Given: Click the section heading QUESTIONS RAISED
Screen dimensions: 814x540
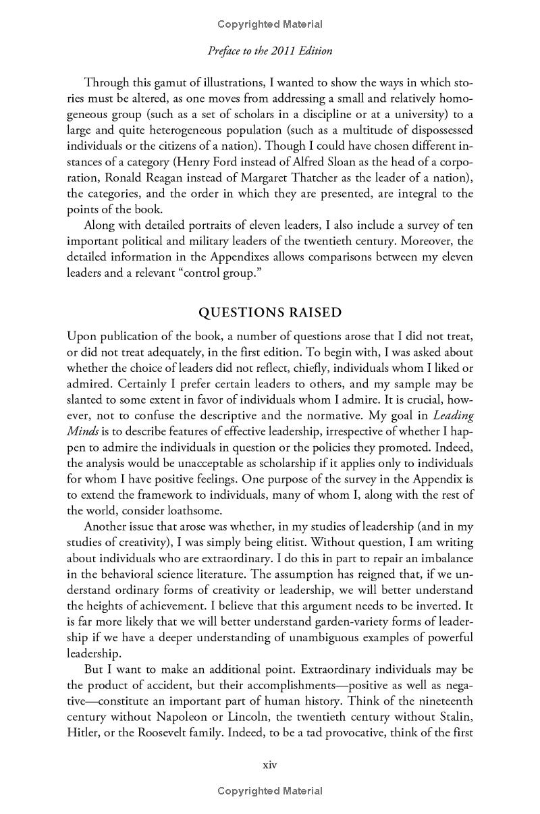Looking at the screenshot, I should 270,313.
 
